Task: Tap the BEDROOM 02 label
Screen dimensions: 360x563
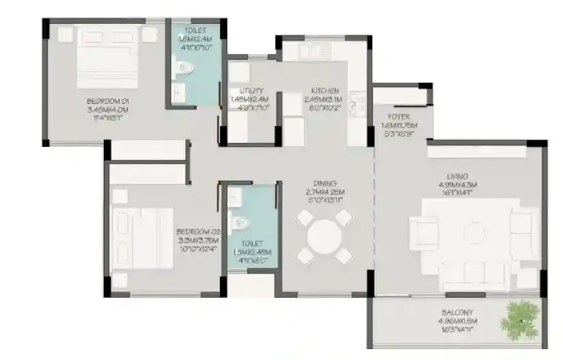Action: pos(197,231)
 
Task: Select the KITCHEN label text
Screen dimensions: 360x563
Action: pos(325,91)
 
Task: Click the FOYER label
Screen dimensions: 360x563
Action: pos(398,117)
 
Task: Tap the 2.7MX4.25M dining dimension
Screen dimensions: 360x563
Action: pos(325,193)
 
